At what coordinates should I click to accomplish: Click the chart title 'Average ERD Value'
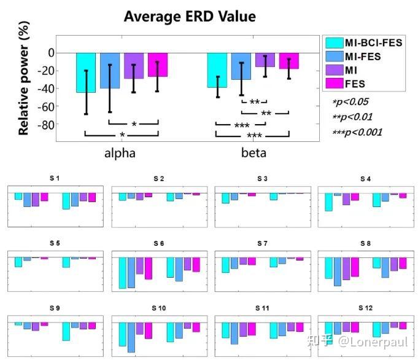coord(190,16)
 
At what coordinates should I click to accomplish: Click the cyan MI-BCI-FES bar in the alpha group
coord(85,72)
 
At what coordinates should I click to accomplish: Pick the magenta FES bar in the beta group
coord(288,61)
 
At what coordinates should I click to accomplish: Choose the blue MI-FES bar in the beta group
coord(241,66)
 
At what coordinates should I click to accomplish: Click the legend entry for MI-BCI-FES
coord(361,43)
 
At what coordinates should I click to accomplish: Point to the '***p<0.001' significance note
coord(357,132)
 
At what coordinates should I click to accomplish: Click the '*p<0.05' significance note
coord(350,102)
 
